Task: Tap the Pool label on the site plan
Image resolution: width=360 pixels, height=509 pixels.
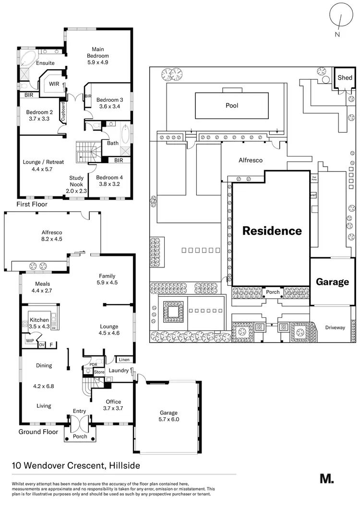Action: pos(232,105)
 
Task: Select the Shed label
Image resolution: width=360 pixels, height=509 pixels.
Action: pos(345,78)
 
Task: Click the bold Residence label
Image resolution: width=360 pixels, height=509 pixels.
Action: pos(272,231)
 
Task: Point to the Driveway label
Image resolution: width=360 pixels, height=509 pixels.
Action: pos(335,327)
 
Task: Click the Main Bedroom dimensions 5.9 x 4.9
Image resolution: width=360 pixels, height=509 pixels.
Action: pos(98,62)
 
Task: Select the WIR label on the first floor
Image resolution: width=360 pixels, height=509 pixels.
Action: pos(51,84)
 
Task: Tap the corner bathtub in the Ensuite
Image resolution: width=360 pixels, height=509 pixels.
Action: pos(28,61)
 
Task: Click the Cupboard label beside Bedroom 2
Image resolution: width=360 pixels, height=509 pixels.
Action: pos(63,112)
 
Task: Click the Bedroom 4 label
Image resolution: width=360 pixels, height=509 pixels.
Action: pos(110,177)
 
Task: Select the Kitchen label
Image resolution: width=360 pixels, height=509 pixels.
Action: pos(39,320)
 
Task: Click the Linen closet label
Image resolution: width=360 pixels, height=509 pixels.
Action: pos(124,360)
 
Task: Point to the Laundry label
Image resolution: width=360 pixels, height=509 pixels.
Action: pos(119,371)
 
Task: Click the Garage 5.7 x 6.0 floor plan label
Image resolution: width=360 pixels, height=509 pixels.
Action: pos(168,416)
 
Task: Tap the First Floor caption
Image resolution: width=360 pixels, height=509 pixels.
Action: pos(33,204)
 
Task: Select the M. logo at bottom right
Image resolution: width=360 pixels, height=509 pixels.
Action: pos(326,478)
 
